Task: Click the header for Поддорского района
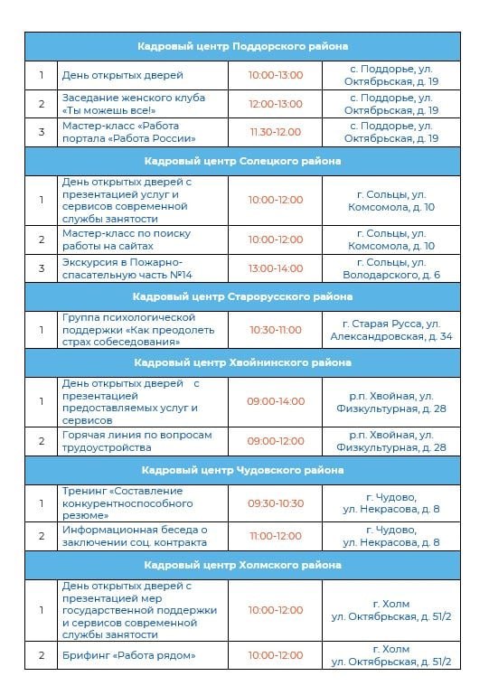(x=243, y=46)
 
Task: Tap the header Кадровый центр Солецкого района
(x=243, y=162)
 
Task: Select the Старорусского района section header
(x=243, y=296)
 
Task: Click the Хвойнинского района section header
(x=243, y=362)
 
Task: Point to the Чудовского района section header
(x=243, y=470)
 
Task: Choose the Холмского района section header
(x=243, y=565)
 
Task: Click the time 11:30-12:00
(x=276, y=132)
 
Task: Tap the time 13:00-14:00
(x=276, y=268)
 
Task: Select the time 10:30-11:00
(x=276, y=330)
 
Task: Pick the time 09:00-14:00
(x=276, y=401)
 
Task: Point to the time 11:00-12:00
(x=276, y=536)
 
